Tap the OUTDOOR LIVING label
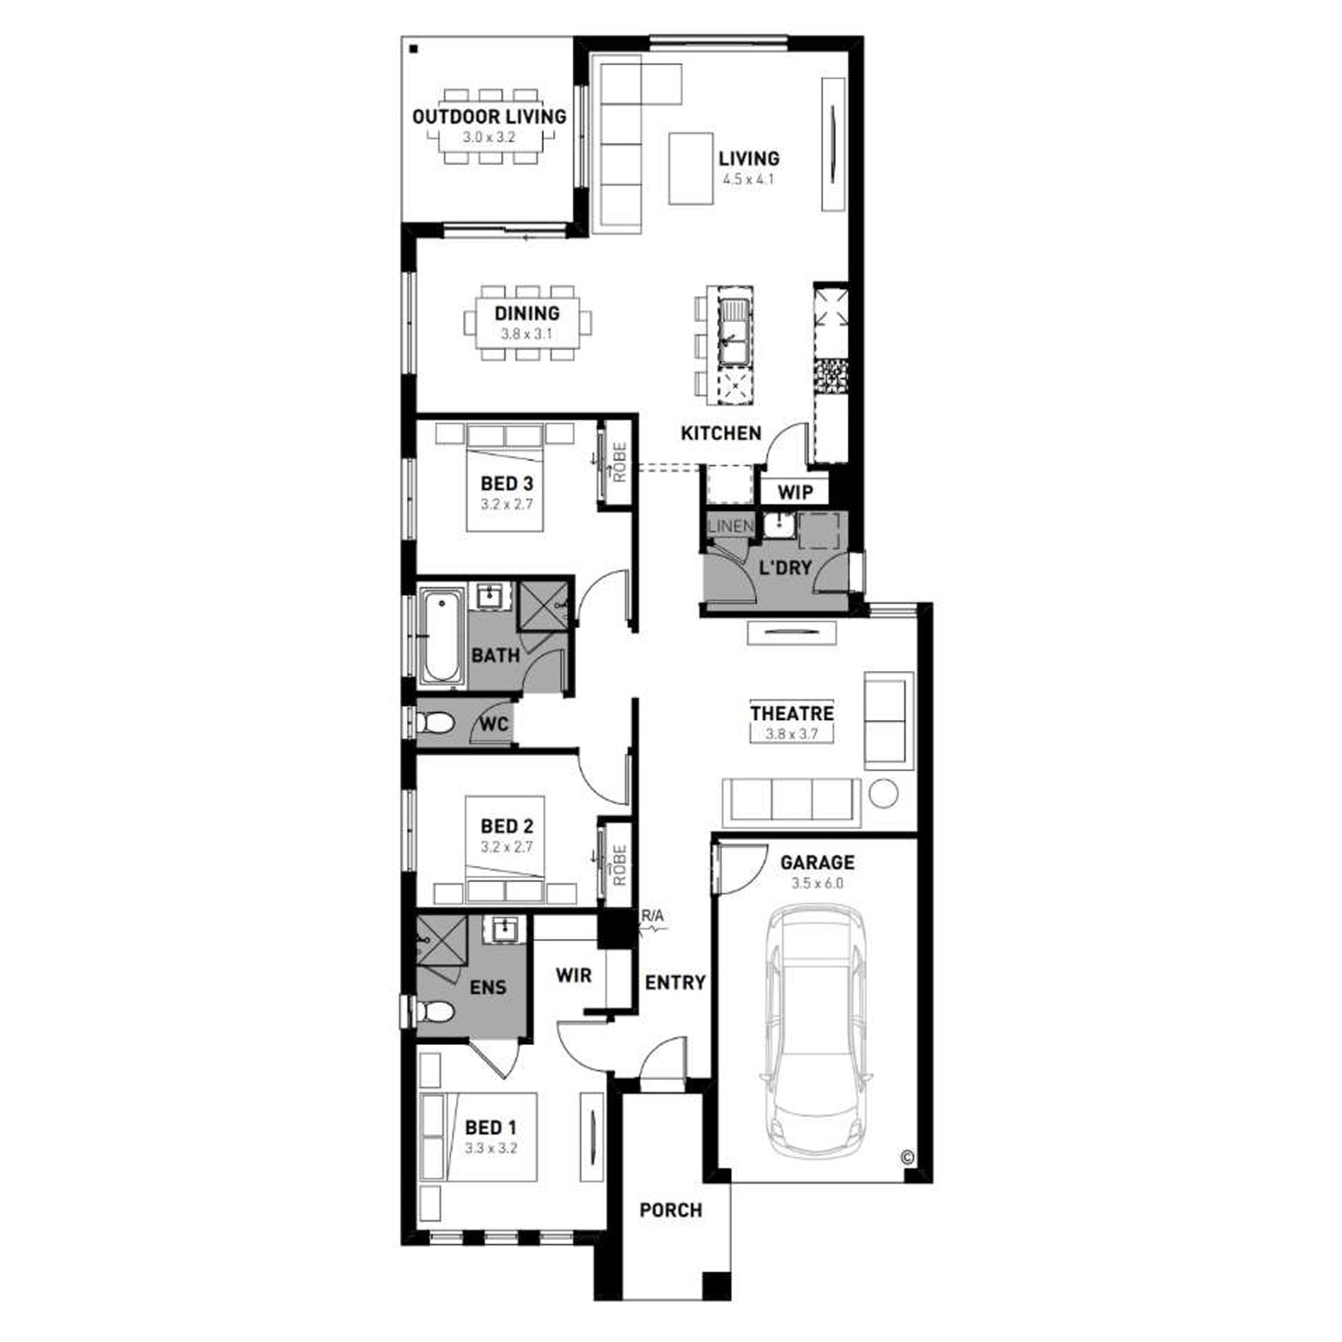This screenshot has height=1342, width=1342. (x=489, y=116)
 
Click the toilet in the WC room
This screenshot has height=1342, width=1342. (x=436, y=722)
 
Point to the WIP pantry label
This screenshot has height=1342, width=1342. (x=794, y=492)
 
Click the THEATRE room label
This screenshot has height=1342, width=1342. (x=792, y=714)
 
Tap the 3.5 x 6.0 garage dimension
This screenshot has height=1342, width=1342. (x=817, y=884)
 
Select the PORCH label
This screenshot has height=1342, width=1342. (x=671, y=1210)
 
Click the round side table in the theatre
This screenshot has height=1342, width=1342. (x=884, y=793)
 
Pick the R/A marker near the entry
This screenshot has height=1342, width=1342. (x=652, y=915)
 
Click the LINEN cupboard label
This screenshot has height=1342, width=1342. (x=731, y=526)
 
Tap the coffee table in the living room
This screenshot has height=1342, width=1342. (x=692, y=168)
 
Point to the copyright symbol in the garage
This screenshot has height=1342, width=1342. (x=907, y=1158)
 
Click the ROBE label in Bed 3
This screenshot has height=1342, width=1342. (x=619, y=463)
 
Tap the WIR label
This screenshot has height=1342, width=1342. (x=573, y=975)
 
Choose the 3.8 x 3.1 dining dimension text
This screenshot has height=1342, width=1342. (x=527, y=335)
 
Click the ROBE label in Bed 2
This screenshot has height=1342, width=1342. (x=619, y=866)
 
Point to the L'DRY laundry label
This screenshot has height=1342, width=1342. (x=785, y=567)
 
